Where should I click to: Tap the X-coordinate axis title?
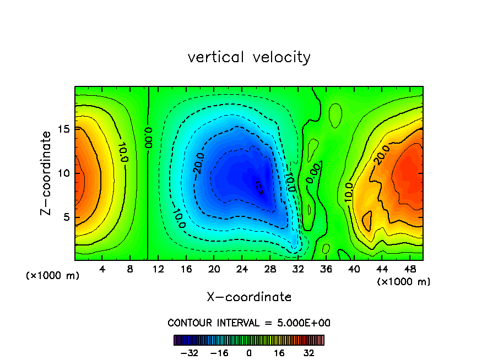point(249,297)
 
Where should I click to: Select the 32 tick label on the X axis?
point(298,269)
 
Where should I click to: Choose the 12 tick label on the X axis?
point(158,269)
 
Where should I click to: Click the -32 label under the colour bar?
point(190,353)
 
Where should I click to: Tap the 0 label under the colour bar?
point(249,353)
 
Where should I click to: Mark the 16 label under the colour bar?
point(279,353)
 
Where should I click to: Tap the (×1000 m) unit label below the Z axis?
point(53,275)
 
